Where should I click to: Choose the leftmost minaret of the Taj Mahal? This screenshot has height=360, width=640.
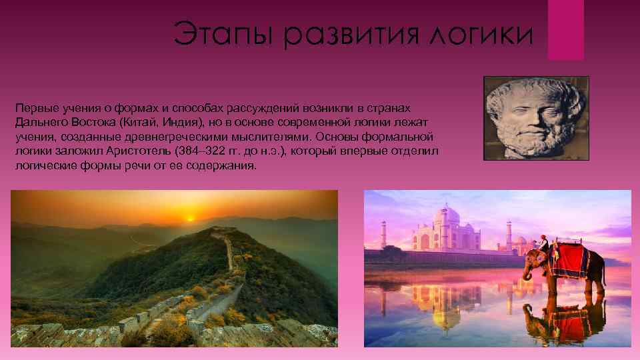[383, 234]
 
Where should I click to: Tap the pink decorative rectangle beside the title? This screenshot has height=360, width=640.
[565, 29]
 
